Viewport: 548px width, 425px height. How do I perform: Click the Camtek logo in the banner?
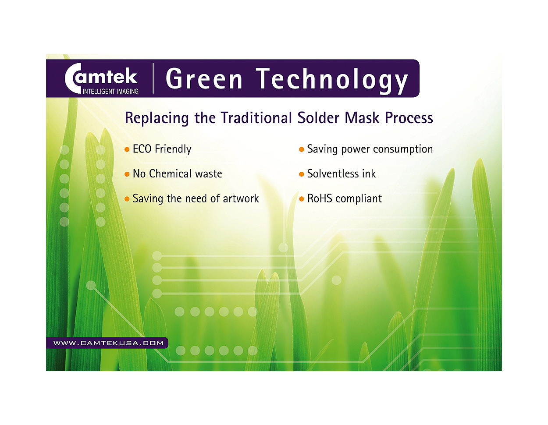click(x=101, y=78)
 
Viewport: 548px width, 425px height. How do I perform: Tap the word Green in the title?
click(x=204, y=78)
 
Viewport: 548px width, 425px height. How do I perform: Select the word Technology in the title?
click(x=332, y=80)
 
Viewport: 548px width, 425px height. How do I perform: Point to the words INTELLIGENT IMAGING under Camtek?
click(x=110, y=91)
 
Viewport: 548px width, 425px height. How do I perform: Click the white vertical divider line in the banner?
click(x=153, y=78)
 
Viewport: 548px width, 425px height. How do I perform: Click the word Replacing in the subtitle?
click(x=157, y=118)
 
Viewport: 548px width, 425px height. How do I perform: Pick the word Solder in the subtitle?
click(x=318, y=118)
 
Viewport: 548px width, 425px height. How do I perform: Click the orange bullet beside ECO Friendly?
click(x=127, y=149)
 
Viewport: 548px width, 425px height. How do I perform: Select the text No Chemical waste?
click(x=177, y=174)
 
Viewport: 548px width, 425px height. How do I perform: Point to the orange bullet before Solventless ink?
click(x=301, y=174)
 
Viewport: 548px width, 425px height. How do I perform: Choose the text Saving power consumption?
click(x=370, y=149)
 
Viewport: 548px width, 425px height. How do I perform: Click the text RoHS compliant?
click(x=345, y=198)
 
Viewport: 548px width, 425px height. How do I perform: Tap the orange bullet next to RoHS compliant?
click(x=301, y=199)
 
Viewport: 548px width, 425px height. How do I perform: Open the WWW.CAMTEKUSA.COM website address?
click(x=108, y=343)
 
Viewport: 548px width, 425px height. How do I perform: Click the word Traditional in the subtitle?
click(x=256, y=118)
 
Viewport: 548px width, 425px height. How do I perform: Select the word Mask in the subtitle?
click(x=362, y=118)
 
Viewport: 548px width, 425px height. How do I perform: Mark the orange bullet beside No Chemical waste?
click(x=127, y=174)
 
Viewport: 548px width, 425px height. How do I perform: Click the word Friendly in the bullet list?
click(x=173, y=149)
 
